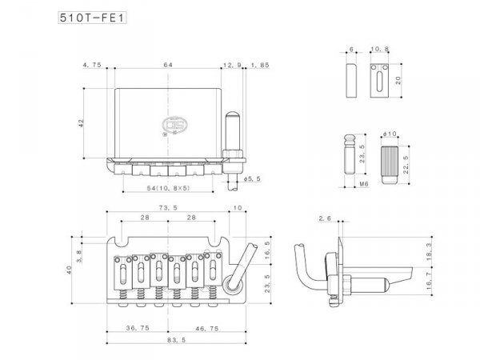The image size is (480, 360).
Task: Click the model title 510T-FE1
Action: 94,18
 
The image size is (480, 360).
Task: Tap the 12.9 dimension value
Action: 232,64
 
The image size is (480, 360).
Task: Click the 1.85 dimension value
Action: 260,64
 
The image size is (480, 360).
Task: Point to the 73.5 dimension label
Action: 167,206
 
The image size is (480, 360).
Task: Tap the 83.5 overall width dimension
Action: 167,339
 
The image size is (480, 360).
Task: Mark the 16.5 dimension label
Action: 266,249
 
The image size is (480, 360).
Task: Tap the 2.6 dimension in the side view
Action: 324,218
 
